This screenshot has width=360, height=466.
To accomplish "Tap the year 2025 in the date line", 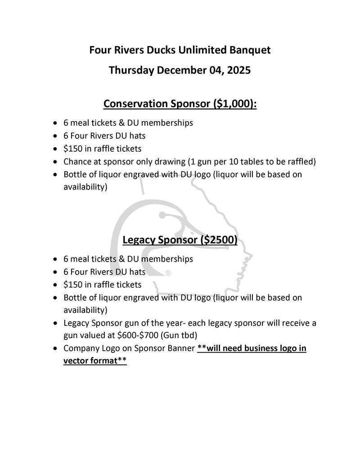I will tap(238, 70).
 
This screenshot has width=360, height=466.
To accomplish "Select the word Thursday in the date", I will tap(130, 70).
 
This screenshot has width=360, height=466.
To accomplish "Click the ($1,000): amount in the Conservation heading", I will tap(234, 104).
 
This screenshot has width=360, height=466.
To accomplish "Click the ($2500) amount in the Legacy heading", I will tap(220, 240).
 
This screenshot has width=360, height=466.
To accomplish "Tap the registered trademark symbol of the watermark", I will tap(168, 273).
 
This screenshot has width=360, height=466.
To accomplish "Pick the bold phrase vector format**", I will tap(95, 361).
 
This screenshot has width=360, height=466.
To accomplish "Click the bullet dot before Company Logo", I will tap(54, 349).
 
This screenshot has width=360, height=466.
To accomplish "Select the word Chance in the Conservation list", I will tap(77, 162).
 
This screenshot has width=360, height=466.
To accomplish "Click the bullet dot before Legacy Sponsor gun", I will tap(54, 324).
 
